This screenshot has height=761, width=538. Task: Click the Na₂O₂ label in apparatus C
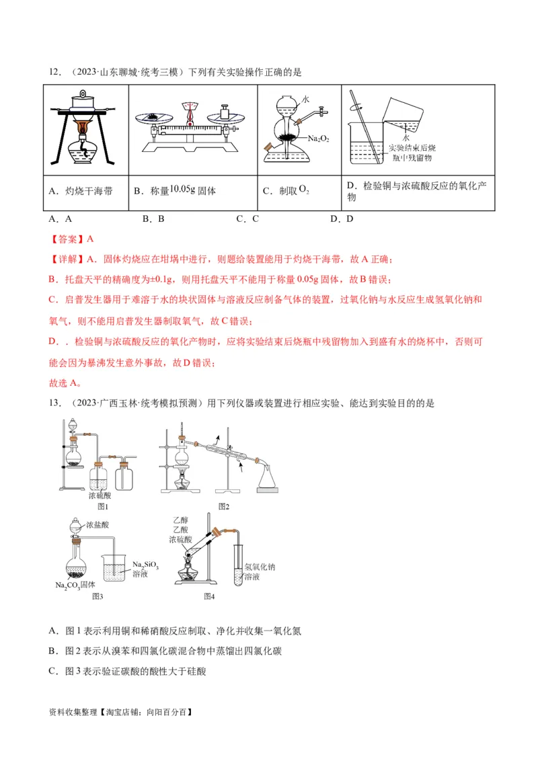pos(318,138)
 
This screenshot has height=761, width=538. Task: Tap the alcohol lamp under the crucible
pos(85,151)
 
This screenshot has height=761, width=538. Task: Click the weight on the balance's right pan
pos(227,112)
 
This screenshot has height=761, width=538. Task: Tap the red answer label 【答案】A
pos(71,239)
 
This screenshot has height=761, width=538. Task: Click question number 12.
pos(56,72)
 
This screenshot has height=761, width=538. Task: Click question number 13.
pos(56,403)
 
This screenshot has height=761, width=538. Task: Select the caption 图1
pos(103,506)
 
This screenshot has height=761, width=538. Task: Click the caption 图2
pos(224,506)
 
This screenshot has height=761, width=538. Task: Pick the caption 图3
pos(97,596)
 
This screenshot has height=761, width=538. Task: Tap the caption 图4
pos(209,596)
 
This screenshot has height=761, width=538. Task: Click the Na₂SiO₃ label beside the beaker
pos(145,565)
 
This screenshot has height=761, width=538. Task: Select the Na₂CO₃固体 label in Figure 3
pos(75,585)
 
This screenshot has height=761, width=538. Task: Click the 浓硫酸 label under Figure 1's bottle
pos(102,495)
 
